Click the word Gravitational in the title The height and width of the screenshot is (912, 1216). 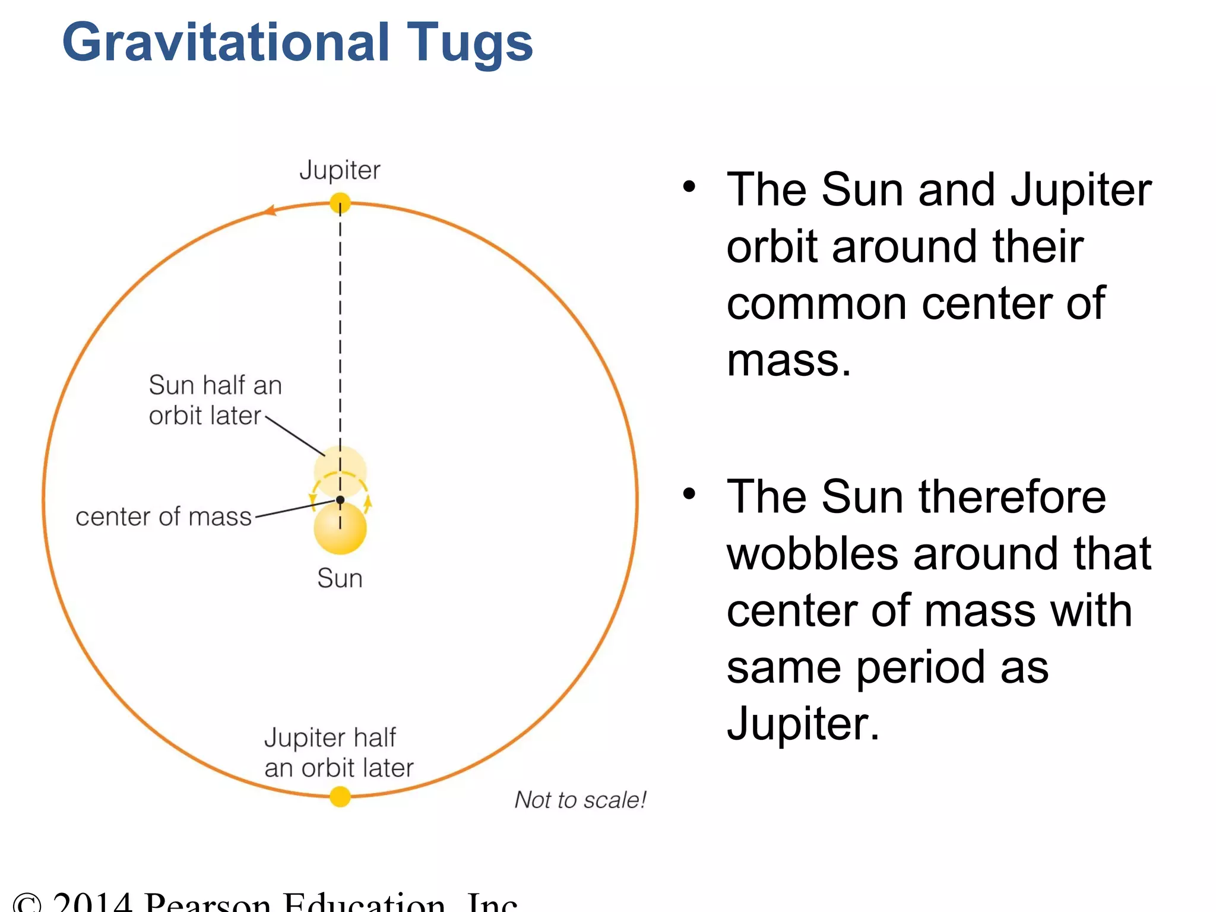click(226, 43)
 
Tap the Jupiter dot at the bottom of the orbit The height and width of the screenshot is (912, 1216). click(340, 796)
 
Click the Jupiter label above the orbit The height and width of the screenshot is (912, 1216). click(340, 170)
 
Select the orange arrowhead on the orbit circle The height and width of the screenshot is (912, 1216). click(270, 210)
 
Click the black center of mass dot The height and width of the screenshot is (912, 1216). click(340, 500)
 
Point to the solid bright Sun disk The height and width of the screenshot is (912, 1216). click(340, 530)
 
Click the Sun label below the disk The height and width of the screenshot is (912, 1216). click(340, 578)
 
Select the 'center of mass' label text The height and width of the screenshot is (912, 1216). click(164, 517)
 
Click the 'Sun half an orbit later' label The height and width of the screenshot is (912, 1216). click(214, 400)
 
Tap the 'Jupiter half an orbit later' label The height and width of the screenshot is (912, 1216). click(338, 752)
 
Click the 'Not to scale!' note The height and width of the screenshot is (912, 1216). click(580, 800)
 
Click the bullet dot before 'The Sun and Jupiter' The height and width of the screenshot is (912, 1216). click(689, 188)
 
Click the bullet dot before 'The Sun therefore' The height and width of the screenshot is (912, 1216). click(689, 494)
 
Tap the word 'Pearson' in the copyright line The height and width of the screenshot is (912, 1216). click(208, 902)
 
